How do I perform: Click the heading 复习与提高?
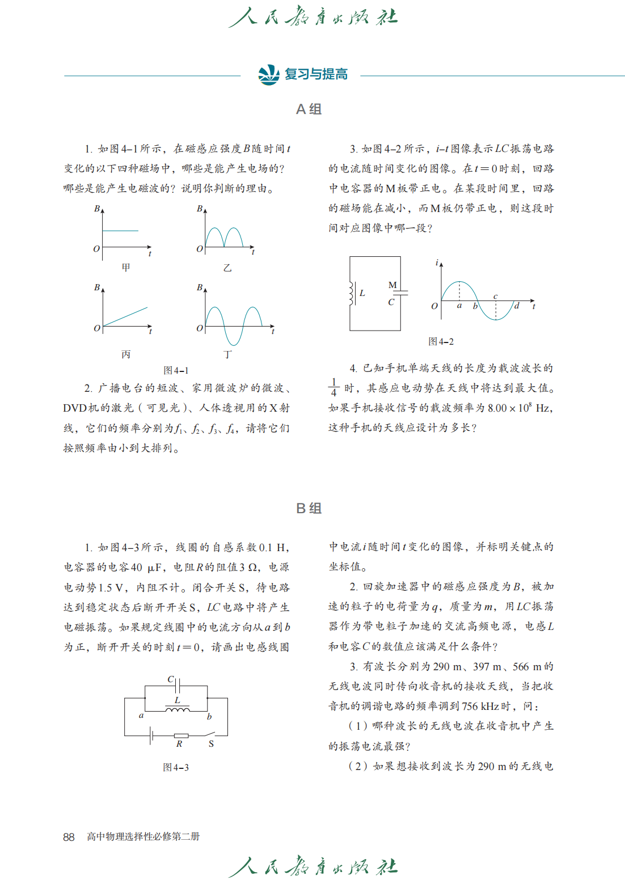pyautogui.click(x=316, y=74)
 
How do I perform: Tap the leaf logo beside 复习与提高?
pyautogui.click(x=269, y=74)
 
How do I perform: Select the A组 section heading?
pyautogui.click(x=309, y=109)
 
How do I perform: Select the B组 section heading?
pyautogui.click(x=309, y=508)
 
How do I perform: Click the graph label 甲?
pyautogui.click(x=126, y=267)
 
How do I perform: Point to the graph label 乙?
pyautogui.click(x=227, y=268)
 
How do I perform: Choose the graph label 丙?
pyautogui.click(x=126, y=354)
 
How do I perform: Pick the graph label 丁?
pyautogui.click(x=227, y=354)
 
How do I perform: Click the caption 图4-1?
pyautogui.click(x=176, y=370)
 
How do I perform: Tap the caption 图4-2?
pyautogui.click(x=441, y=341)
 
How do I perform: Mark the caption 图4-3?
pyautogui.click(x=176, y=767)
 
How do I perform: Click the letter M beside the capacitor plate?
pyautogui.click(x=392, y=285)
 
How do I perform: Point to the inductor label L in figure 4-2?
pyautogui.click(x=362, y=293)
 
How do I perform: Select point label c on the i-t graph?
pyautogui.click(x=495, y=297)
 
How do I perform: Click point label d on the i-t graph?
pyautogui.click(x=517, y=306)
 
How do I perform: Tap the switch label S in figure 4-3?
pyautogui.click(x=211, y=744)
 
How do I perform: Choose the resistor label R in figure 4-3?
pyautogui.click(x=179, y=744)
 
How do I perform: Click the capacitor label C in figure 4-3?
pyautogui.click(x=170, y=679)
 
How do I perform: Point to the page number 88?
pyautogui.click(x=69, y=837)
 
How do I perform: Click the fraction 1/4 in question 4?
pyautogui.click(x=333, y=388)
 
